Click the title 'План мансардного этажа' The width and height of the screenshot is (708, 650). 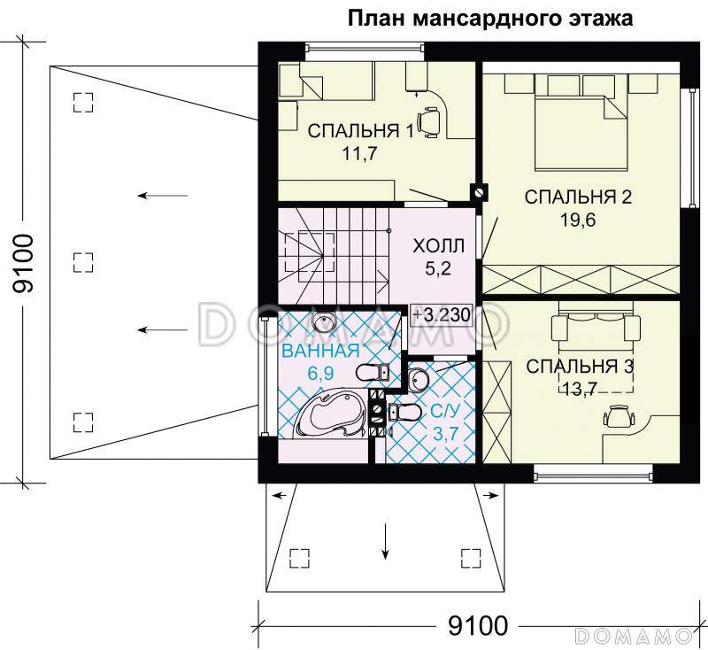coord(490,19)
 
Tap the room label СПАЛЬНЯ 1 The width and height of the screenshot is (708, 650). coord(360,132)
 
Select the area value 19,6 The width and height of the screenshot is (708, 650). coord(576,220)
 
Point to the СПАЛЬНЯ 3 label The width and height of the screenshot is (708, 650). coord(579,366)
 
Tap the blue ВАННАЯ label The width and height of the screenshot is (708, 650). coord(313,351)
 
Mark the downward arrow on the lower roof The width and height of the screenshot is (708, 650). coord(386,541)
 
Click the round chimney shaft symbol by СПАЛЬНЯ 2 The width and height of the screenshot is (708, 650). coord(480,190)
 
